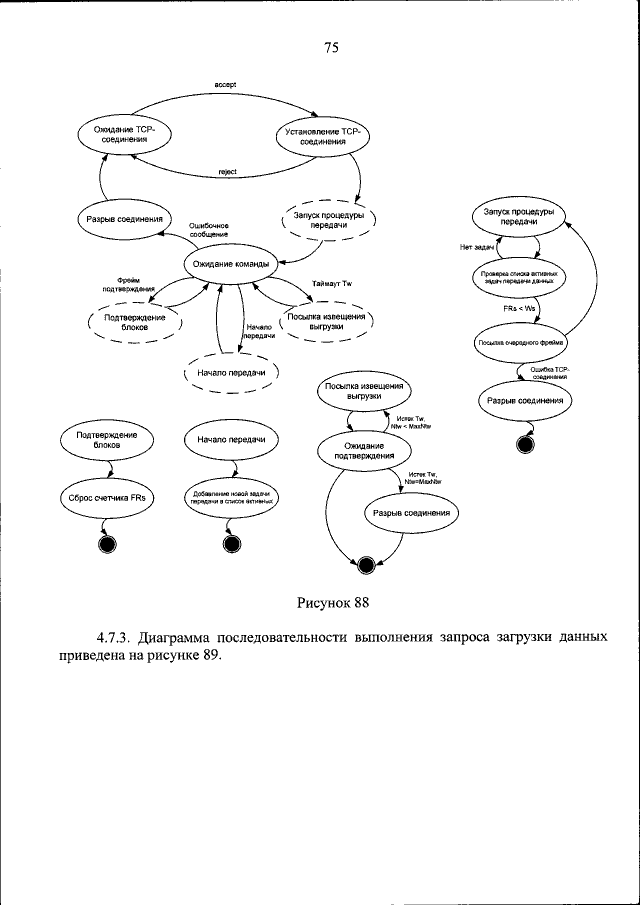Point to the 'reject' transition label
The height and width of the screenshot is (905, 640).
tap(226, 172)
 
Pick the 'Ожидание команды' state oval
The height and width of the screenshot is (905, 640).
tap(225, 264)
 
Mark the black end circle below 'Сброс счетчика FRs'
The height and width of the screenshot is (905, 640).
tap(108, 544)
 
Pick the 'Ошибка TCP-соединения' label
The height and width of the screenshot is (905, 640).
tap(549, 373)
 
